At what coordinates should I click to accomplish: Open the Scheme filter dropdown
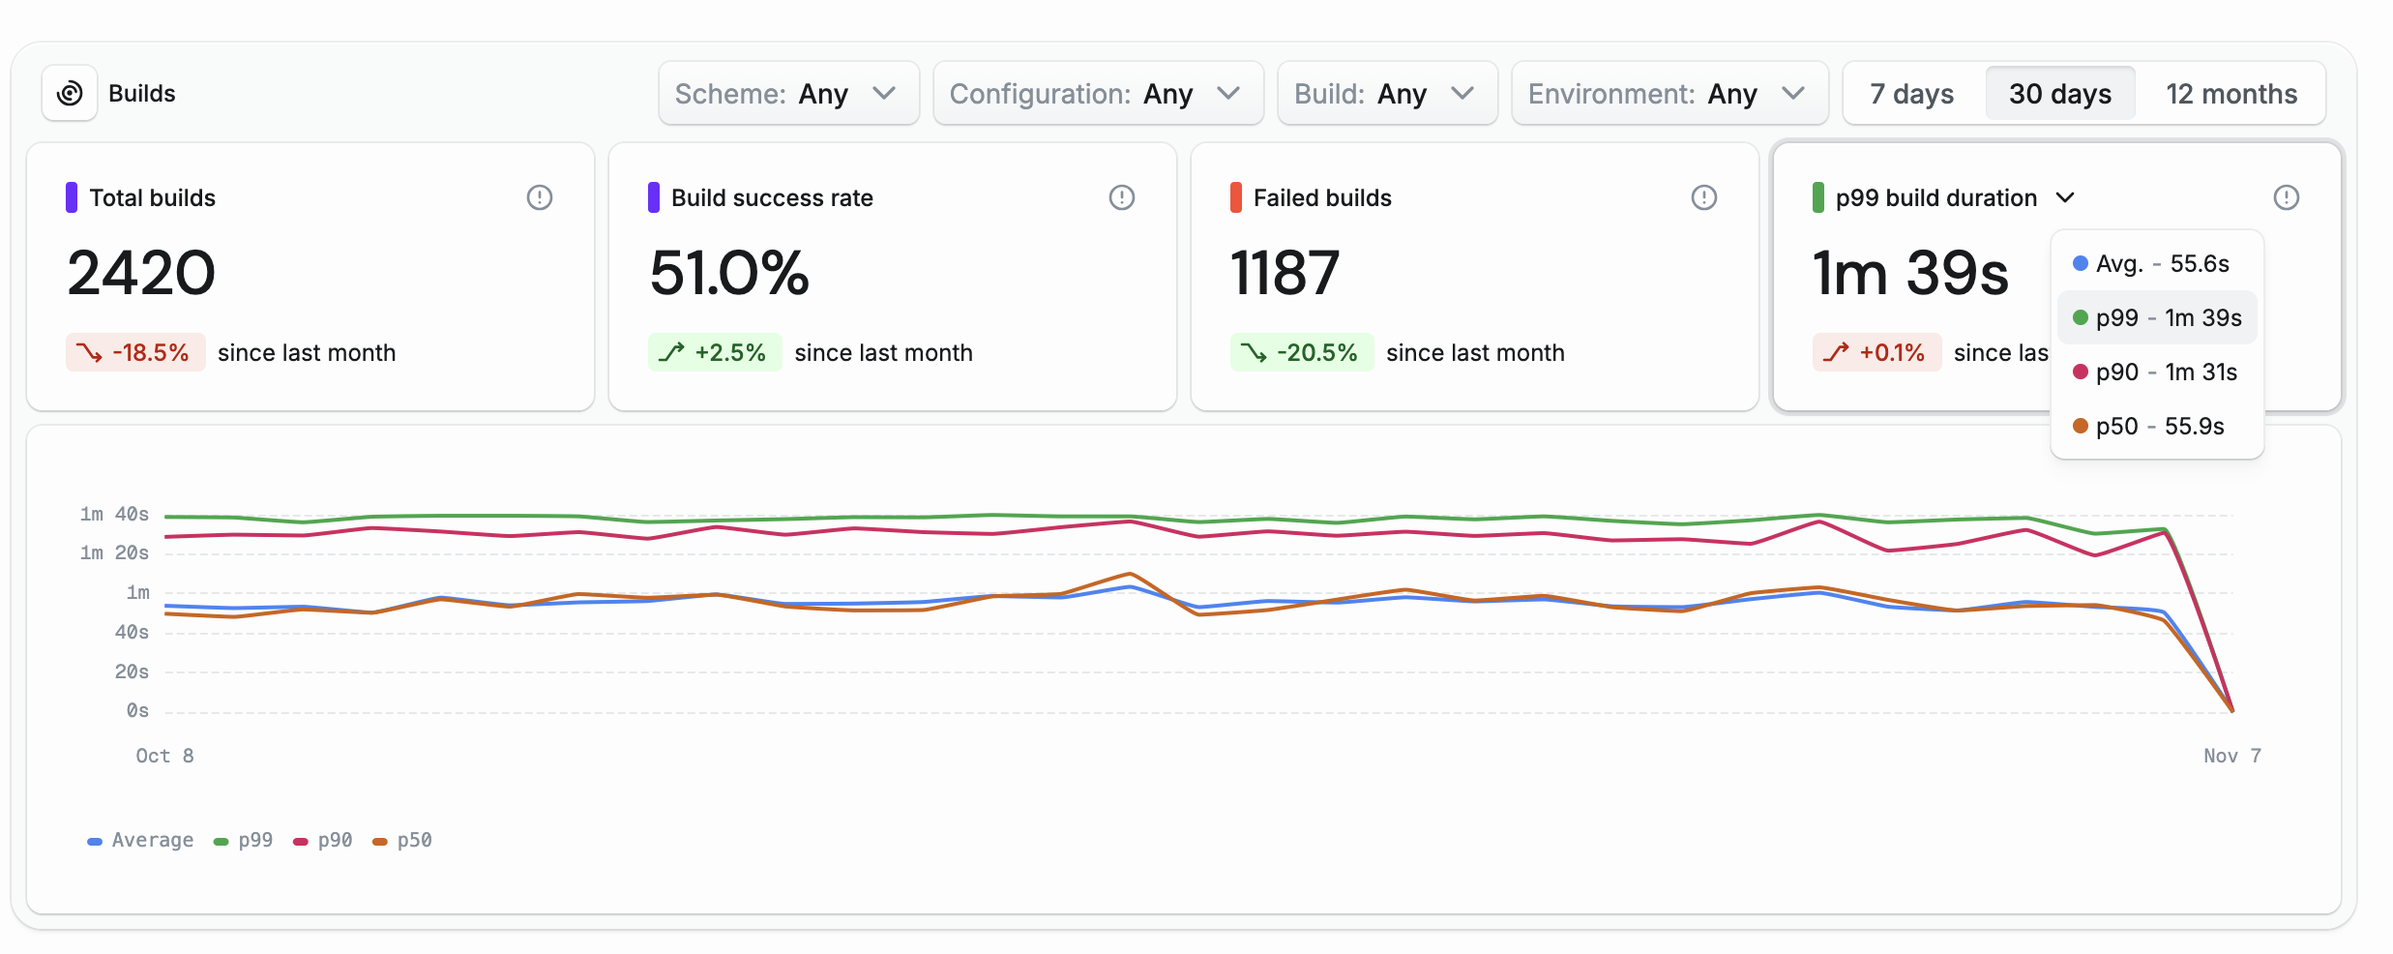click(787, 94)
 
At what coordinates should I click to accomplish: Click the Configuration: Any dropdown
click(1097, 94)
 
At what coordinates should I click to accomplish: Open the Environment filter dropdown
click(1669, 94)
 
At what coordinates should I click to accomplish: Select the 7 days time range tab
click(1911, 94)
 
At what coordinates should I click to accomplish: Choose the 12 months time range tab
click(2231, 94)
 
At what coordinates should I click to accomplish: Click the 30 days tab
click(2059, 94)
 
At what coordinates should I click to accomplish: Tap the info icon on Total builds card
click(539, 197)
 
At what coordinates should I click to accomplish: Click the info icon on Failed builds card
click(1703, 197)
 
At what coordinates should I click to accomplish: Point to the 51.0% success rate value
click(728, 273)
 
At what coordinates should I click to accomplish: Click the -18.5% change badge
click(135, 352)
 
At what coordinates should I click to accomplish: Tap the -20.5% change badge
click(1301, 352)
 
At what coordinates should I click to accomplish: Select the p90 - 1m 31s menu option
click(2156, 372)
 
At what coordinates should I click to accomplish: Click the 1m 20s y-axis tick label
click(114, 552)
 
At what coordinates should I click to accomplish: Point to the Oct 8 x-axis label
click(164, 756)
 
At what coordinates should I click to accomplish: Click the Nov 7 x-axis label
click(2231, 756)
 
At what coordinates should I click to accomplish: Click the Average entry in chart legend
click(141, 840)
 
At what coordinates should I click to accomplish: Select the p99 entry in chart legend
click(244, 840)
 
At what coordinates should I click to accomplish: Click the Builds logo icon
click(70, 94)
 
